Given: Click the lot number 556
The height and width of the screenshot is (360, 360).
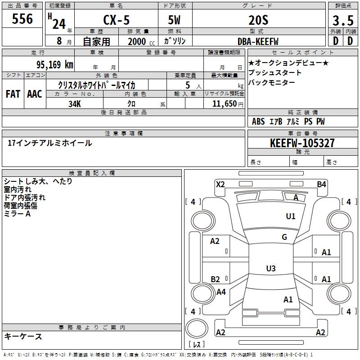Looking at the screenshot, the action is [22, 18].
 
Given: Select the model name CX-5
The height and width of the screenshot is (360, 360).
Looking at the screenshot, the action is [116, 20].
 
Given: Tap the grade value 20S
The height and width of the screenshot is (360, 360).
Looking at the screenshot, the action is [258, 20].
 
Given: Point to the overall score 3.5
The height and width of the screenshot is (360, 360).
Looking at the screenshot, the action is [343, 20].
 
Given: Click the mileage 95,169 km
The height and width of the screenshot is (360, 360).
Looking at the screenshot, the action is [55, 64].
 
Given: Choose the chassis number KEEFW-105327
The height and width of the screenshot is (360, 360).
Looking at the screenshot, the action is [302, 143].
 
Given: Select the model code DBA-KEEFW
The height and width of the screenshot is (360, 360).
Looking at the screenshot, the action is [258, 41].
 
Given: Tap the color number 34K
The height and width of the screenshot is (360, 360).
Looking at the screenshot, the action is [75, 104].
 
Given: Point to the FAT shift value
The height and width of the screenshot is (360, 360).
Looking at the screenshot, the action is [13, 94].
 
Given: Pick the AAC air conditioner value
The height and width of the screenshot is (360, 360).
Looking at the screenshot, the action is [35, 94].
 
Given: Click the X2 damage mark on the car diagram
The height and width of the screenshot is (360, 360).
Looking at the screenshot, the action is [220, 184].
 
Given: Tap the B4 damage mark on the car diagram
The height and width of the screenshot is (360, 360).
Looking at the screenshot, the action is [321, 184].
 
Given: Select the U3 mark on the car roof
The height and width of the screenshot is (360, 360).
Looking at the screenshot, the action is [271, 268].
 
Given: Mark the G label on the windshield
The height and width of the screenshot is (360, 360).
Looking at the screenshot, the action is [284, 237].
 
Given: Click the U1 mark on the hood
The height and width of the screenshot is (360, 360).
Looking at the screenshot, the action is [290, 216].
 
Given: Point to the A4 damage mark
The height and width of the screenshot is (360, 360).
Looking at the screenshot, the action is [221, 292].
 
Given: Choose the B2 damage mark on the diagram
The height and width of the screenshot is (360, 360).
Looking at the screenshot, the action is [215, 279].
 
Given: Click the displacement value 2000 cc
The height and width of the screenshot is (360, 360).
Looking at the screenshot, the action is [141, 42].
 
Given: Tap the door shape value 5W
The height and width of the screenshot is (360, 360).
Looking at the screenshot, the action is [174, 20].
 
